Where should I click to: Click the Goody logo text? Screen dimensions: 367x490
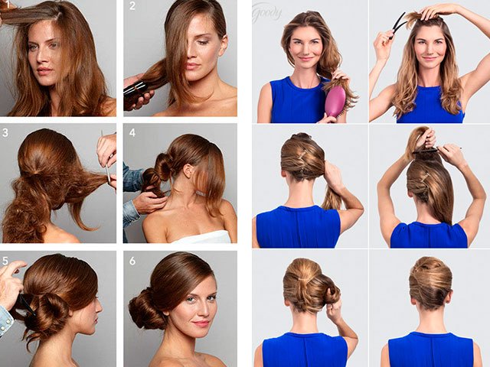pos(267,12)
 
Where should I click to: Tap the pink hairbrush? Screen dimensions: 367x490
pos(335,101)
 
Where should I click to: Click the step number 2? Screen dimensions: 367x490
pos(132,7)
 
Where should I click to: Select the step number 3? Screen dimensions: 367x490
pos(5,132)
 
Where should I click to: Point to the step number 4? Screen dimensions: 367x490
pos(132,132)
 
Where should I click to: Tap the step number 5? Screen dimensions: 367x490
pos(5,260)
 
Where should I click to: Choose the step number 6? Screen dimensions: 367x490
pos(132,261)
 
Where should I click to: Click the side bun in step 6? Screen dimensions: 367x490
pos(145,309)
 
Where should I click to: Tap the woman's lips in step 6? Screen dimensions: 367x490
pos(201,323)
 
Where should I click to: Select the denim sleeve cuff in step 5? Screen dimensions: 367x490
pos(6,320)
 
